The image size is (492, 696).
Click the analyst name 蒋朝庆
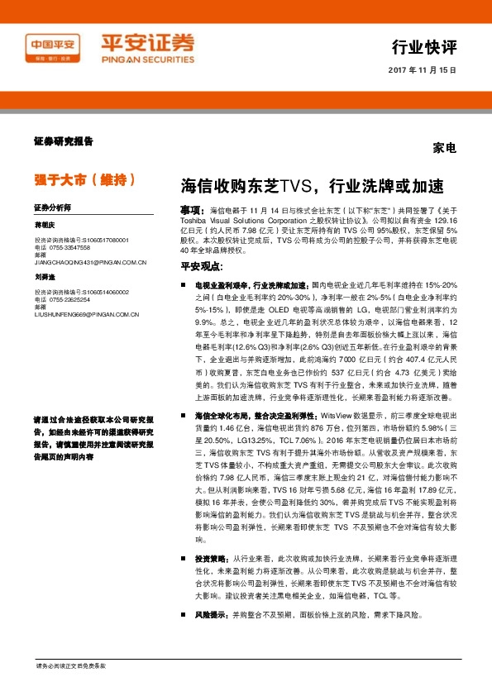pos(44,225)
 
